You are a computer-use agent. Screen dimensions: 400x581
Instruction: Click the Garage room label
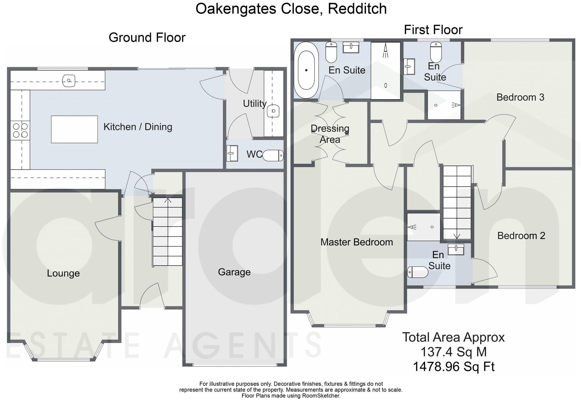(x=234, y=272)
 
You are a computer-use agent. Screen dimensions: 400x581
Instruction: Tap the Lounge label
(x=63, y=273)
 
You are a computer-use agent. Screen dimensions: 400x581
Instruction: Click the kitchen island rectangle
(x=74, y=129)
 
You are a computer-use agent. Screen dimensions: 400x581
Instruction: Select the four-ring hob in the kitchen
(x=20, y=130)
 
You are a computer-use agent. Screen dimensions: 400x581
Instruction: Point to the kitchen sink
(x=69, y=80)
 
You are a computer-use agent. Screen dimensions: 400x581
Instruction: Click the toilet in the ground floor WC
(x=273, y=155)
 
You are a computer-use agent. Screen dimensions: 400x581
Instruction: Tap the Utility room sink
(x=273, y=111)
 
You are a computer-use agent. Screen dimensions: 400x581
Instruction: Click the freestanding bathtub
(x=306, y=70)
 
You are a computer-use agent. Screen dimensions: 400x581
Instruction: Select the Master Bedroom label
(x=356, y=242)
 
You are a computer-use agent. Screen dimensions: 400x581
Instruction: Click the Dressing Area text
(x=330, y=134)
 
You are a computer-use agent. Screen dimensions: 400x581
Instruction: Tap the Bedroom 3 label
(x=520, y=97)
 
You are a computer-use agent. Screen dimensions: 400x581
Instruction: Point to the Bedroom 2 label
(x=521, y=236)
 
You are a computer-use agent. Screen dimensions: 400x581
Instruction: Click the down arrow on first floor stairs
(x=457, y=236)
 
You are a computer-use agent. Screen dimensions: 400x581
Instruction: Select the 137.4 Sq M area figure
(x=453, y=352)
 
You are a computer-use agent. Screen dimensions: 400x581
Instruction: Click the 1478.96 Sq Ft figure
(x=453, y=367)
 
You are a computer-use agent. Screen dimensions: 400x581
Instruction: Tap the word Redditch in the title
(x=357, y=9)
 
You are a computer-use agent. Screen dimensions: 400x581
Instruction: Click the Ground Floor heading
(x=147, y=38)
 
